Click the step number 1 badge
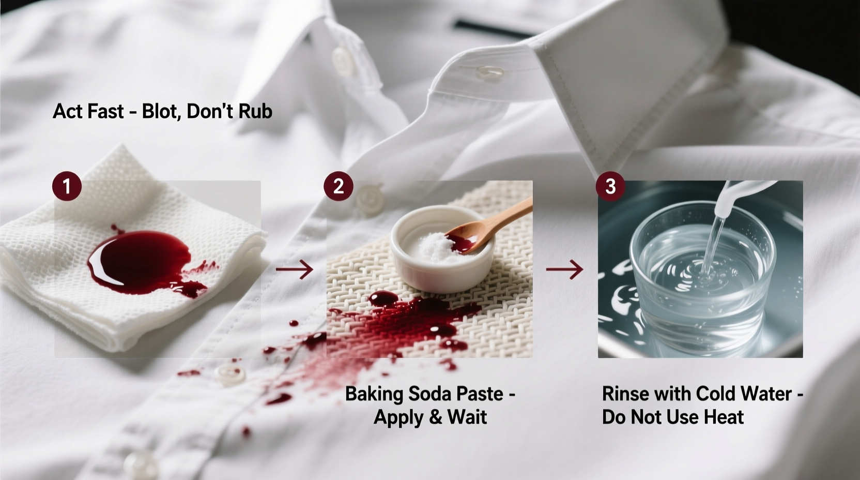point(67,186)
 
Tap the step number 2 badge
point(339,186)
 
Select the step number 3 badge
point(610,186)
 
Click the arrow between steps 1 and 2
point(295,269)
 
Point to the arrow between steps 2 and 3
point(565,269)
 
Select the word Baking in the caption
point(374,394)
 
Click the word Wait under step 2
point(467,417)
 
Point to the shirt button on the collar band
point(343,59)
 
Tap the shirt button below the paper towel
point(229,373)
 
